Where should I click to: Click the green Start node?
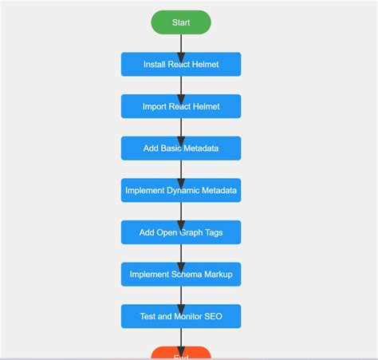[x=181, y=22]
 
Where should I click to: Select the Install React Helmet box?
[x=181, y=65]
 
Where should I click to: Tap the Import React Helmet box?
[x=181, y=106]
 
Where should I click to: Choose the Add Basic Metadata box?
[x=181, y=148]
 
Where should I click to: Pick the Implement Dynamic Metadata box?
[x=181, y=191]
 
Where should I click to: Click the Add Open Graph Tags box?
[x=181, y=232]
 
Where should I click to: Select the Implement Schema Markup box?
[x=181, y=275]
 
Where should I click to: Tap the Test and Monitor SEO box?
[x=181, y=316]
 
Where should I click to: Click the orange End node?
[x=181, y=354]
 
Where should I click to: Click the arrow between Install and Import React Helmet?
[x=181, y=85]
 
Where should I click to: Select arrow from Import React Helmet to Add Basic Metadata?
[x=181, y=128]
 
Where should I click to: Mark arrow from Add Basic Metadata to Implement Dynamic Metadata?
[x=181, y=169]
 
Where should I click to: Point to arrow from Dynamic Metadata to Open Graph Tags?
[x=181, y=212]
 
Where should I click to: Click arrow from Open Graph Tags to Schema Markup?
[x=181, y=254]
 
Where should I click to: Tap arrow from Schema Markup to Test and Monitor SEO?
[x=181, y=295]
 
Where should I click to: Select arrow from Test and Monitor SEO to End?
[x=181, y=338]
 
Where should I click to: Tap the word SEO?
[x=212, y=316]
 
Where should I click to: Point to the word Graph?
[x=188, y=232]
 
